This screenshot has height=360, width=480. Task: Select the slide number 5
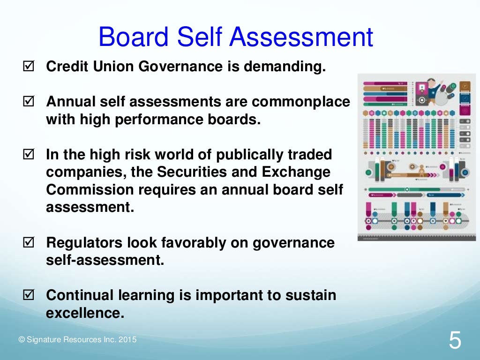click(x=455, y=341)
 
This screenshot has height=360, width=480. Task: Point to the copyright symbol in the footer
click(x=21, y=340)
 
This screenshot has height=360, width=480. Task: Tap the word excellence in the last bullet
click(x=85, y=313)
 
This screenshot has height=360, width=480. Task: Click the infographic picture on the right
click(x=417, y=157)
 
